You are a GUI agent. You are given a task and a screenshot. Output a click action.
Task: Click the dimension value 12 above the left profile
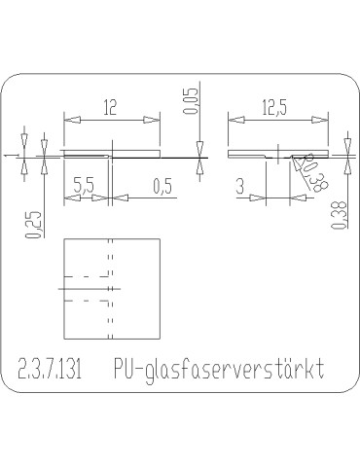[x=110, y=108]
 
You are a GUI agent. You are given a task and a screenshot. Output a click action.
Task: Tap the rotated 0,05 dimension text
[x=190, y=100]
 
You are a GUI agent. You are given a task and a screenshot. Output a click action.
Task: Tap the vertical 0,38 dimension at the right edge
[x=337, y=214]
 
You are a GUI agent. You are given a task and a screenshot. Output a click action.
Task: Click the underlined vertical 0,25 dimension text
[x=33, y=224]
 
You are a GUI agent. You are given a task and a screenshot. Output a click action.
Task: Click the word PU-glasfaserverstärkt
[x=217, y=370]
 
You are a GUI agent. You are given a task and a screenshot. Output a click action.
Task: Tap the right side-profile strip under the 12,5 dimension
[x=248, y=153]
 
